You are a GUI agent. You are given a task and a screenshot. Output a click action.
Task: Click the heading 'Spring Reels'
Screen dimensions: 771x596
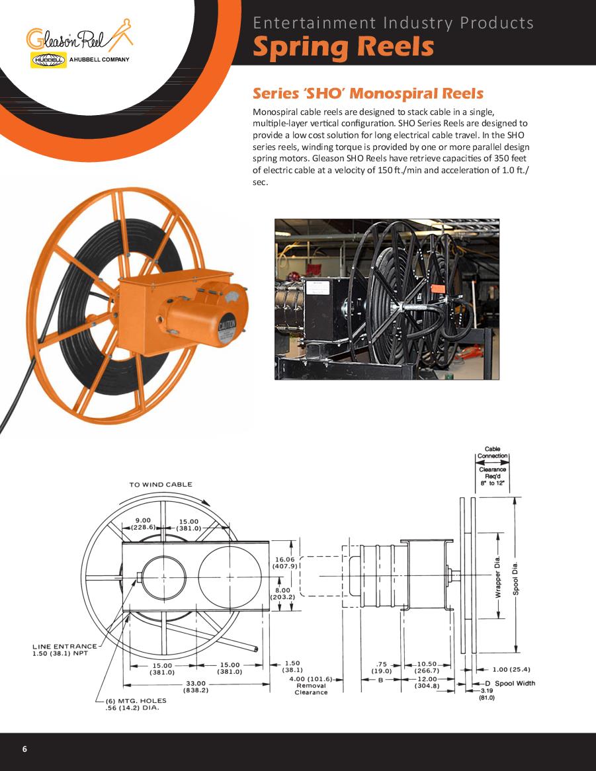(343, 48)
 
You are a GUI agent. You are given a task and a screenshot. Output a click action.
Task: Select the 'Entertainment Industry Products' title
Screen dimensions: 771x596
(393, 23)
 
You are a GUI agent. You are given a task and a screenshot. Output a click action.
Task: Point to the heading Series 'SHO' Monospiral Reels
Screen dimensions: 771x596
(368, 93)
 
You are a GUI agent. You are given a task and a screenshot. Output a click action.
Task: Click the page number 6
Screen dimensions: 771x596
(24, 749)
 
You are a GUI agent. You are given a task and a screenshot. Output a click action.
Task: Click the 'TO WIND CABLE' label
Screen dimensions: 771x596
(160, 485)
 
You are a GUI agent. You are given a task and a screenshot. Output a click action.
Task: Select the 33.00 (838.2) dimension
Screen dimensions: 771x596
(196, 687)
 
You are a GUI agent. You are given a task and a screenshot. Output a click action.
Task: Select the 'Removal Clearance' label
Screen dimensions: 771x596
(310, 689)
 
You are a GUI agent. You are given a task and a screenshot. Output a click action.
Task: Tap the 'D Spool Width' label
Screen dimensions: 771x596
(510, 683)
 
